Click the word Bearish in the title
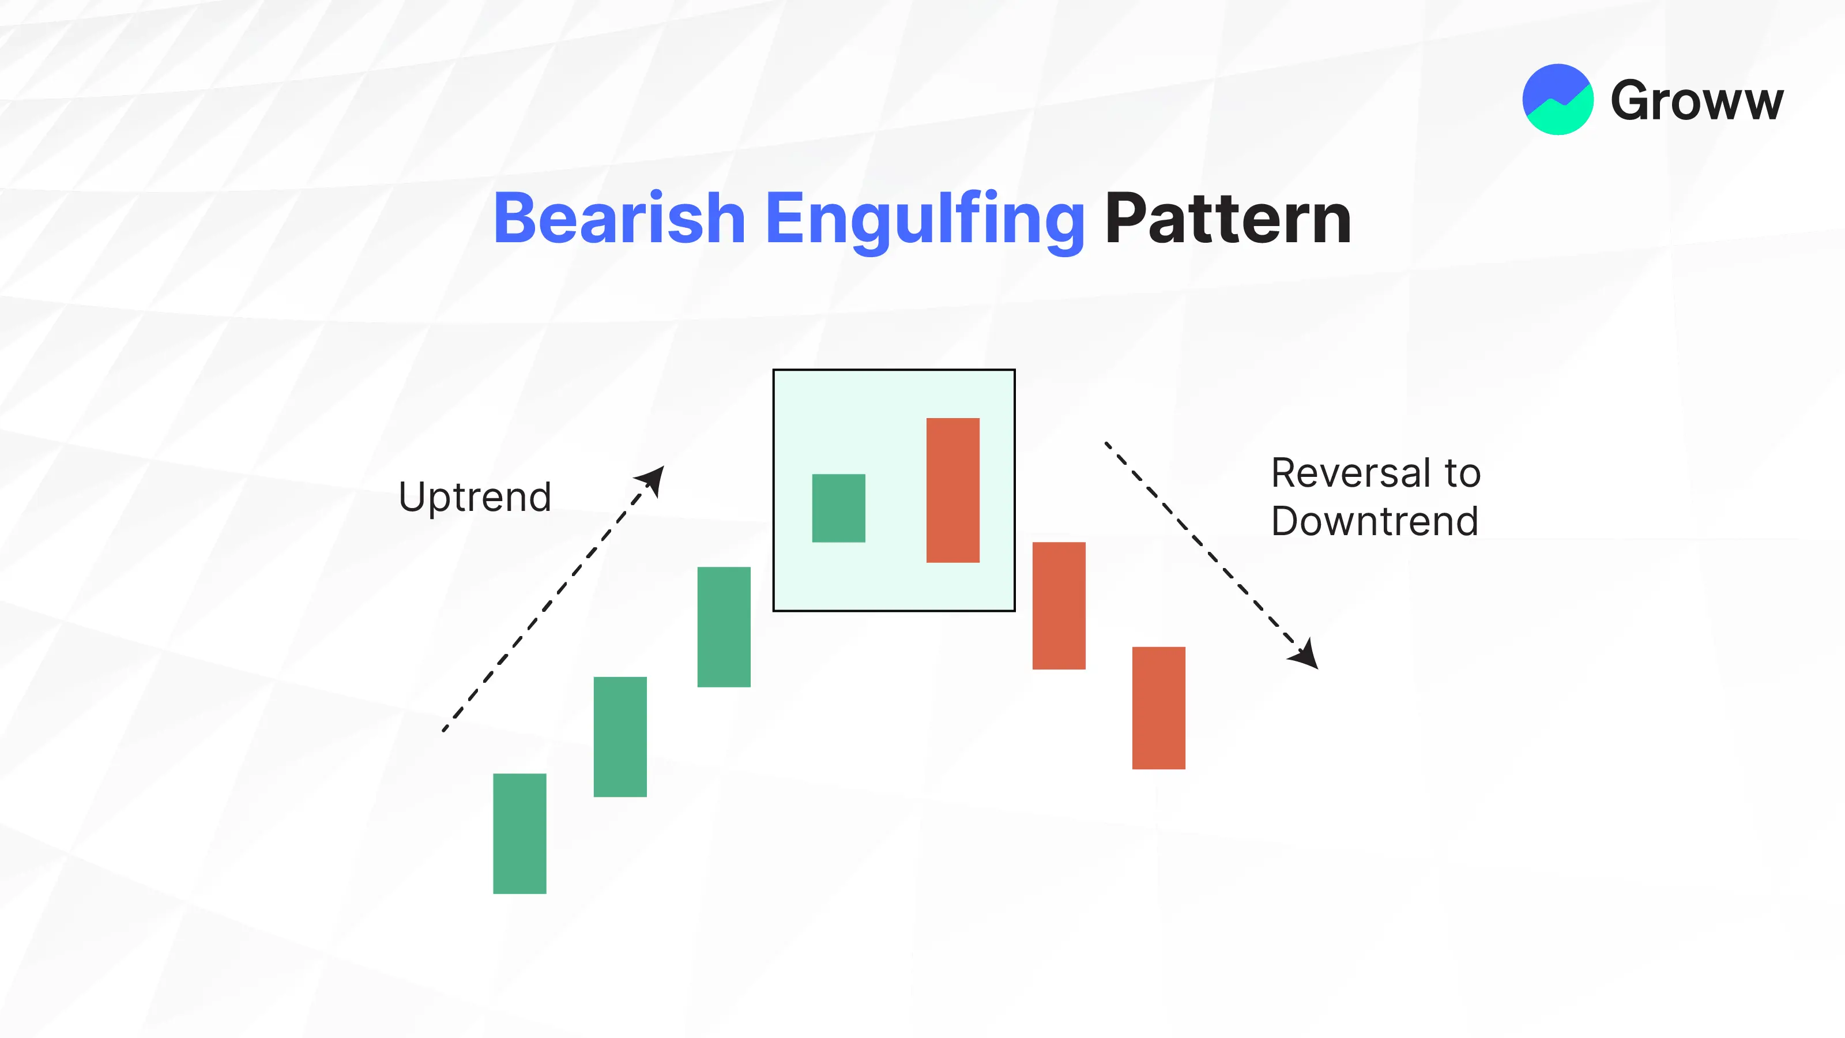(620, 218)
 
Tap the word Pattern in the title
(1228, 218)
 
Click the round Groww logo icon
(1558, 100)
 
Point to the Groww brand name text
(1697, 101)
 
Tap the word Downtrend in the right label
(1375, 521)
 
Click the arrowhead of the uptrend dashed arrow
(652, 480)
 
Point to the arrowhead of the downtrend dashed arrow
(1305, 654)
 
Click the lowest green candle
(520, 833)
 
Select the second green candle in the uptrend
(620, 736)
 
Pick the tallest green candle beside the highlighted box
(724, 627)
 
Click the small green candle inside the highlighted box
(839, 508)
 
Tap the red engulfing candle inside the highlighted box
(953, 490)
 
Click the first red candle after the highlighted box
(1059, 605)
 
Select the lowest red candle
(1159, 708)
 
